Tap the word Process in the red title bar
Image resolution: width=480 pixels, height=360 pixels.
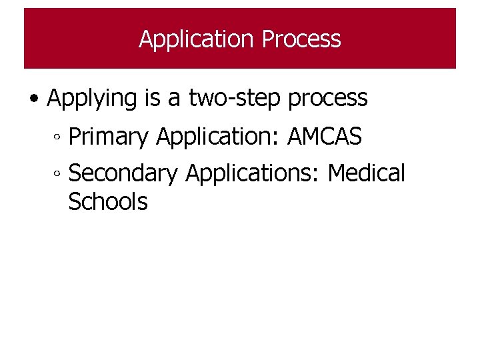pyautogui.click(x=301, y=39)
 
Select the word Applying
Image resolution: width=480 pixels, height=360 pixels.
pyautogui.click(x=91, y=98)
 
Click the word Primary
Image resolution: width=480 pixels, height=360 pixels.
pyautogui.click(x=109, y=137)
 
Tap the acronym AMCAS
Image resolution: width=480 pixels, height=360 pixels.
pyautogui.click(x=325, y=137)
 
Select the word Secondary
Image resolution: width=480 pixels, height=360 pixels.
pyautogui.click(x=123, y=173)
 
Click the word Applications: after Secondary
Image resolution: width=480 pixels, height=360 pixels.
pyautogui.click(x=254, y=173)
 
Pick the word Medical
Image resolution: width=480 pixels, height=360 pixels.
pyautogui.click(x=367, y=173)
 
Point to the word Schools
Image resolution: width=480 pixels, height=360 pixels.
pyautogui.click(x=108, y=201)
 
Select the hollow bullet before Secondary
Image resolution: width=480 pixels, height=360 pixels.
pyautogui.click(x=58, y=175)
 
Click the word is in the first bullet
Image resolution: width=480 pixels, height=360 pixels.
pyautogui.click(x=151, y=97)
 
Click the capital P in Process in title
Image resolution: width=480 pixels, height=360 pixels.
pyautogui.click(x=267, y=39)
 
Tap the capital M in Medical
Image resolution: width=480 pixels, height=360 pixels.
pyautogui.click(x=339, y=173)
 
